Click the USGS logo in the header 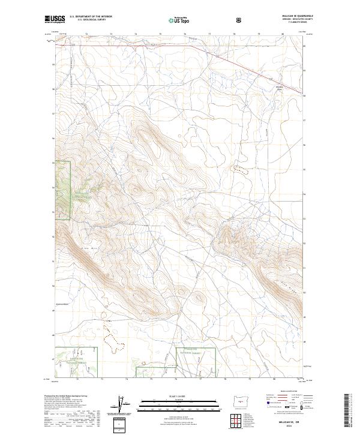tap(55, 20)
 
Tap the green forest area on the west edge tap(63, 186)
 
